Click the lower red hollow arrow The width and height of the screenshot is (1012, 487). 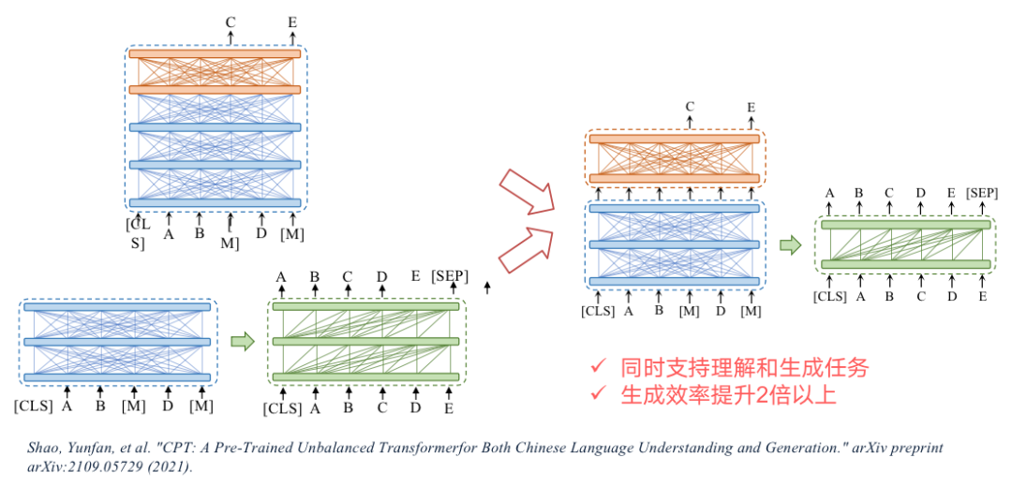tap(525, 248)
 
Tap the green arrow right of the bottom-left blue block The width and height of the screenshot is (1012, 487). tap(243, 342)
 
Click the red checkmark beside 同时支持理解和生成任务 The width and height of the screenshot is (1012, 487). tap(596, 368)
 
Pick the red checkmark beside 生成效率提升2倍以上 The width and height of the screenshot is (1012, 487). tap(596, 395)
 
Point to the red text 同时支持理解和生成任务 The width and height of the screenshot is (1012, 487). tap(744, 368)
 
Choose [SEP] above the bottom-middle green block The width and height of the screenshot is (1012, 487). tap(451, 276)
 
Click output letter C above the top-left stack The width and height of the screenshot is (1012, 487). tap(231, 21)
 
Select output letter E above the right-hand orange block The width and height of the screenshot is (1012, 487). tap(751, 107)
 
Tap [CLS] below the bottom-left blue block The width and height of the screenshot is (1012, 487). tap(34, 406)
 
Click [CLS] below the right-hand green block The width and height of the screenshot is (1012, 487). tap(830, 297)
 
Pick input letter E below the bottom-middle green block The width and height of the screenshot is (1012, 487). tap(450, 408)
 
